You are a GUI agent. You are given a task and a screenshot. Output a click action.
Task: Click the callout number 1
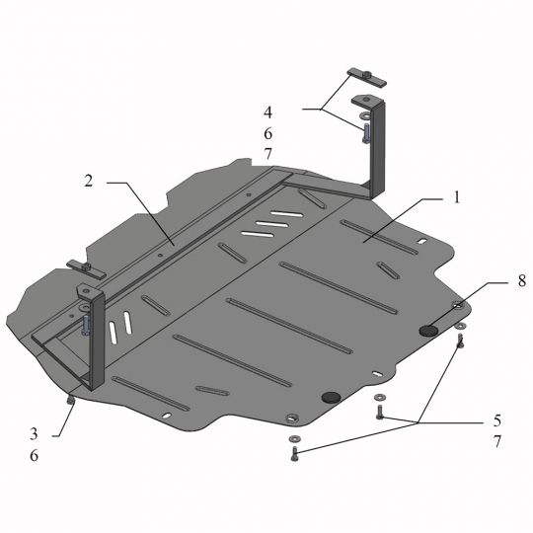point(457,197)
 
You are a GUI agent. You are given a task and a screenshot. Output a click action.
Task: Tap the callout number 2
point(88,181)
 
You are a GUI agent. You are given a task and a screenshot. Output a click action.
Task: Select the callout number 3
point(34,434)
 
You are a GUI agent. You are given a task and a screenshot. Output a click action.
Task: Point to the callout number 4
point(267,112)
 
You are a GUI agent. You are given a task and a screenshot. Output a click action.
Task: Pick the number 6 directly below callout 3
point(34,456)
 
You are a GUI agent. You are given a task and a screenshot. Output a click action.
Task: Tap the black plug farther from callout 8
point(331,396)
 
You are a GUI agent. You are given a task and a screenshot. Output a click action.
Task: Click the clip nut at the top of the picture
point(365,76)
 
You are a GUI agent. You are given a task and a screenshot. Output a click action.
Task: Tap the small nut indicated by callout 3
point(70,399)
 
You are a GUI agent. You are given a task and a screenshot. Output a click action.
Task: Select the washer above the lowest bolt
point(293,437)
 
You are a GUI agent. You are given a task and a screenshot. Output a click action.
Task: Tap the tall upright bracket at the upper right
point(379,148)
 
